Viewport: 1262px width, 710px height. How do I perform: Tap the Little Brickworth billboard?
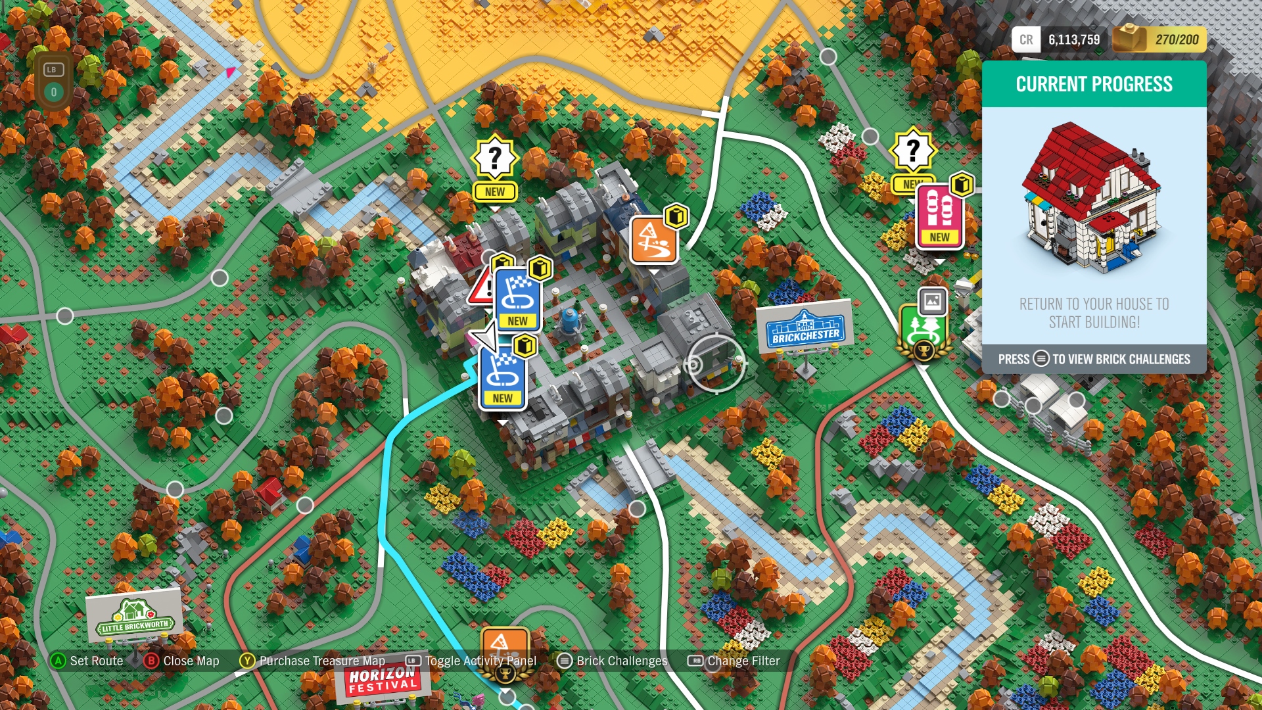(x=135, y=617)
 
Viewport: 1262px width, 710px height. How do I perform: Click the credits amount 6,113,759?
(x=1073, y=40)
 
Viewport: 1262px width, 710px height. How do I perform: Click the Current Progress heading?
(x=1094, y=84)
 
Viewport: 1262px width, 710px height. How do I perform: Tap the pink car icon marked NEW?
(x=939, y=216)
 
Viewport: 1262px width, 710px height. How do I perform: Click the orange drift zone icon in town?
(x=653, y=240)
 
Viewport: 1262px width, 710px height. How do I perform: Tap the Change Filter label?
(x=743, y=661)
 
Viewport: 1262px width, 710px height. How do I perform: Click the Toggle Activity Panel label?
(x=480, y=661)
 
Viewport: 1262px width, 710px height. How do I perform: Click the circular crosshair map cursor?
(x=716, y=364)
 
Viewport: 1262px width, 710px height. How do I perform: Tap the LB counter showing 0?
(x=54, y=82)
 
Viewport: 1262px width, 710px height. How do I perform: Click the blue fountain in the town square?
(x=569, y=320)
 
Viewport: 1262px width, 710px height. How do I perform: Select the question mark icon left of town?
(x=495, y=158)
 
